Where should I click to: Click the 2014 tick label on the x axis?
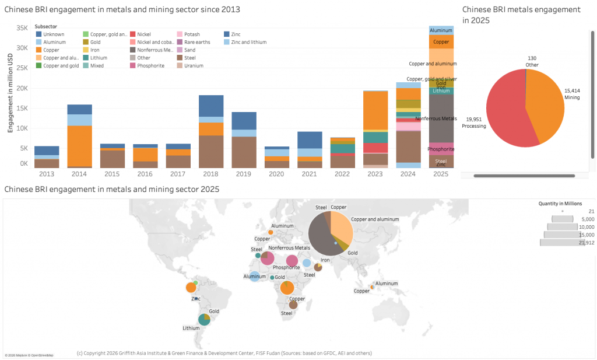(79, 174)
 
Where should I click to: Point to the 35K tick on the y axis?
(22, 29)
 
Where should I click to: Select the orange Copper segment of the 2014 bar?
(79, 146)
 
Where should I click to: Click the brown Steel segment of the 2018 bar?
(212, 151)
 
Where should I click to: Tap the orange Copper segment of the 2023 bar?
(376, 110)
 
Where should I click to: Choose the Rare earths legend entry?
(198, 42)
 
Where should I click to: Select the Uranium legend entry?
(194, 65)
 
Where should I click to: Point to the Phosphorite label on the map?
(286, 267)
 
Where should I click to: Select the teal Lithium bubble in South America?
(203, 319)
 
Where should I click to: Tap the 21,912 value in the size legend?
(585, 242)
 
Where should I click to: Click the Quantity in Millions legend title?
(559, 203)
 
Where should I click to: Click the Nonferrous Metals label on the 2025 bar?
(436, 118)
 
